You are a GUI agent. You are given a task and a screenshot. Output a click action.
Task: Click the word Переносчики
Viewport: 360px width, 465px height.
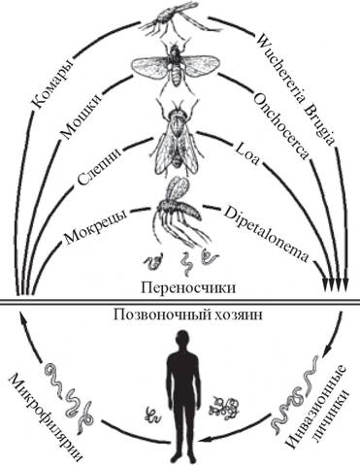(x=181, y=288)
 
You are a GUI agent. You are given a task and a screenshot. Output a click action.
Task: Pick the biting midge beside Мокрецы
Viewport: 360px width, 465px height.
(x=180, y=209)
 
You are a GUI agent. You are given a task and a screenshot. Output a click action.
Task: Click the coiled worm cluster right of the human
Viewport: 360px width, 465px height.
(x=229, y=402)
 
